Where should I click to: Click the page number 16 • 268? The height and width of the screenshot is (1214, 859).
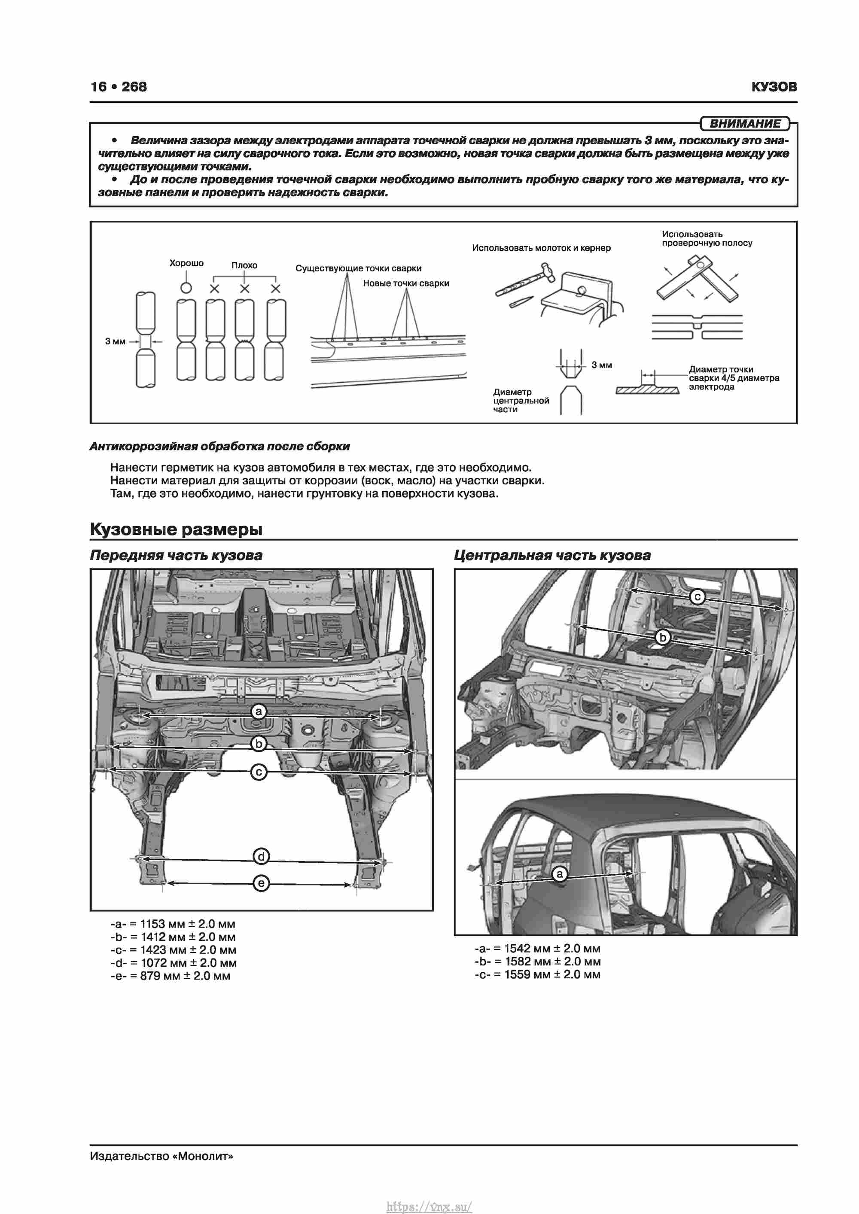(x=119, y=87)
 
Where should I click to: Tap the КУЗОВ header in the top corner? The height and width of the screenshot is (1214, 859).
(x=774, y=87)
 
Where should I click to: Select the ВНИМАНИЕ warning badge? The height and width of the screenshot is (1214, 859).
(x=745, y=124)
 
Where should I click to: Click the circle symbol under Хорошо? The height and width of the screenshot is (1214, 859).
(x=186, y=288)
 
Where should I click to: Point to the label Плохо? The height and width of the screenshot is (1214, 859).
(x=244, y=265)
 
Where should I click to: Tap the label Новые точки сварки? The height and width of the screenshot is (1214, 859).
(x=406, y=283)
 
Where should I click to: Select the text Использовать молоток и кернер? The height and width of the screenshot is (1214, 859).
(x=541, y=248)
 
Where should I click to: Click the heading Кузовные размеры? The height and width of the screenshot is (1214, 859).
(x=176, y=529)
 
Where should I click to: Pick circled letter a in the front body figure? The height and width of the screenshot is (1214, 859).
(x=258, y=712)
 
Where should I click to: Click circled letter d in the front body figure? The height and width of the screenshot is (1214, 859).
(x=261, y=856)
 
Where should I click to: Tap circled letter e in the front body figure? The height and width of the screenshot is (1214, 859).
(x=261, y=883)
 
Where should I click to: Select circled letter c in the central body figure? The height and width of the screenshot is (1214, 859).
(x=697, y=597)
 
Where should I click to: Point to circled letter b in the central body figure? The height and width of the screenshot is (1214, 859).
(x=662, y=638)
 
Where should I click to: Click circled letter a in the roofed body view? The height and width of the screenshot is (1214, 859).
(x=560, y=874)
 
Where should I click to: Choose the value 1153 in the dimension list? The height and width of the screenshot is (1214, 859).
(x=152, y=924)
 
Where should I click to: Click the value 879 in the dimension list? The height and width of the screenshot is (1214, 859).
(x=150, y=976)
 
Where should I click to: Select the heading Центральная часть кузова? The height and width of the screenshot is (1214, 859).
(x=552, y=556)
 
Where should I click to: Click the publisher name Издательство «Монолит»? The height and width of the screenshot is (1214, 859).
(x=161, y=1156)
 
